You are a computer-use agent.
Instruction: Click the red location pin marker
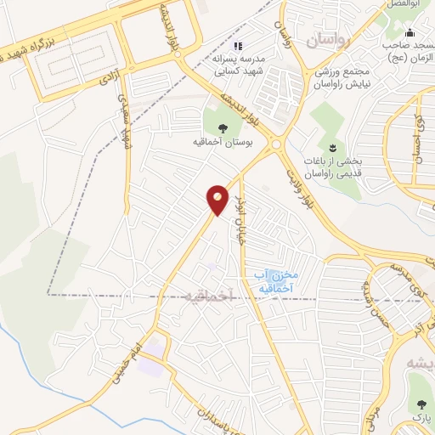click(x=217, y=200)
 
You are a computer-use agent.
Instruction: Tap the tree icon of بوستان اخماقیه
click(x=223, y=127)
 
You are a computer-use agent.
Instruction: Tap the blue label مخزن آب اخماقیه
click(x=273, y=281)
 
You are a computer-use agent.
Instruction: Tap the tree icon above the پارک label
click(x=421, y=404)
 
